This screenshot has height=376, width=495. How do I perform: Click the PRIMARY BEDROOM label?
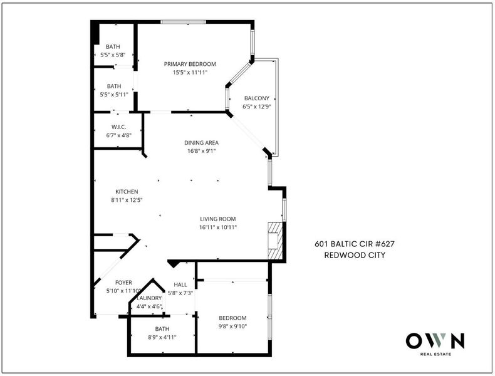click(190, 64)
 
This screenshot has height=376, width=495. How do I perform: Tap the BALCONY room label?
click(257, 98)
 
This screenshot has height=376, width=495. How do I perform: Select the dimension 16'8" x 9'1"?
click(201, 151)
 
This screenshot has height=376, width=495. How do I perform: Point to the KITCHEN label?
click(127, 192)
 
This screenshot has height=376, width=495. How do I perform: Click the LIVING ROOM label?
click(218, 219)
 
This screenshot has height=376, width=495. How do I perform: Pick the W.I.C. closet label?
click(118, 127)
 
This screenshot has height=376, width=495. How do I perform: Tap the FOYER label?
click(123, 283)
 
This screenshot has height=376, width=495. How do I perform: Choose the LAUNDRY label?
click(149, 298)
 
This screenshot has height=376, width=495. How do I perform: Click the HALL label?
click(180, 285)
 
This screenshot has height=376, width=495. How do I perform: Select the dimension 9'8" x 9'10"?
click(232, 326)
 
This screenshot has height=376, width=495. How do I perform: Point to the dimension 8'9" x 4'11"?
click(162, 337)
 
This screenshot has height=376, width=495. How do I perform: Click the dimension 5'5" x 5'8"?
click(113, 55)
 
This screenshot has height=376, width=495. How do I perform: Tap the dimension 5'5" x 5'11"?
click(114, 95)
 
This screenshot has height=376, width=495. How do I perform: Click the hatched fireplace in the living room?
click(275, 241)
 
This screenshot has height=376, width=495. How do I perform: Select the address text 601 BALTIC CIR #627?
click(355, 244)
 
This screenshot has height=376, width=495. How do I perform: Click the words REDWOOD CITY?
click(355, 255)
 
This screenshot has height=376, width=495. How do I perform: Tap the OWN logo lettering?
click(435, 341)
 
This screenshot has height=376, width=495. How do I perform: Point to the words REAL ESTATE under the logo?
click(435, 354)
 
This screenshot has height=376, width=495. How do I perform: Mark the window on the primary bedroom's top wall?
click(183, 22)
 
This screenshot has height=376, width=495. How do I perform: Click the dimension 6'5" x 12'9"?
click(257, 107)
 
